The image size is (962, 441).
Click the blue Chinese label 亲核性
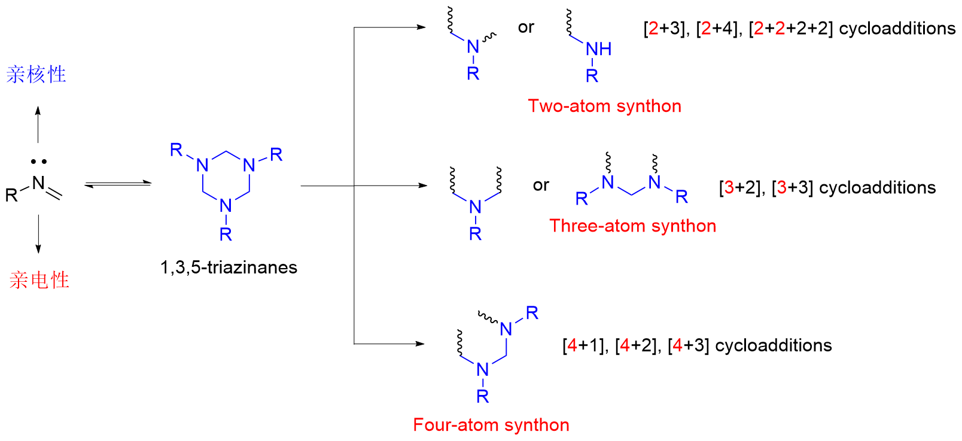(x=36, y=74)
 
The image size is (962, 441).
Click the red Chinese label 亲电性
(x=39, y=279)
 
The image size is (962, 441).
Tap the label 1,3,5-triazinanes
(x=229, y=267)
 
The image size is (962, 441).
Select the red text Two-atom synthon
(x=604, y=106)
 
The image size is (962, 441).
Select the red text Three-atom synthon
(x=632, y=226)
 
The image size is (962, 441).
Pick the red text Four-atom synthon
(x=491, y=425)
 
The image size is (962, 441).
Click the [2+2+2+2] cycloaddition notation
(x=790, y=28)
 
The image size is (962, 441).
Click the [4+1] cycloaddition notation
(x=584, y=345)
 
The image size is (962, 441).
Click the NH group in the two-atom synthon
(x=598, y=49)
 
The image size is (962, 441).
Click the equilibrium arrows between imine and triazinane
(x=117, y=184)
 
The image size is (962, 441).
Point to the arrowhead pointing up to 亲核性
(x=38, y=111)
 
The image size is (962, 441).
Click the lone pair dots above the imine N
(x=39, y=162)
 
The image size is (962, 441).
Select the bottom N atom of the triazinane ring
(x=226, y=206)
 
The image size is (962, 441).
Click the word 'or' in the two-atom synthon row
(x=526, y=27)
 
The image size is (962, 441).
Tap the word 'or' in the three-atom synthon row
(x=541, y=185)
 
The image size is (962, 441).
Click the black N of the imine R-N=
(x=38, y=183)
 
